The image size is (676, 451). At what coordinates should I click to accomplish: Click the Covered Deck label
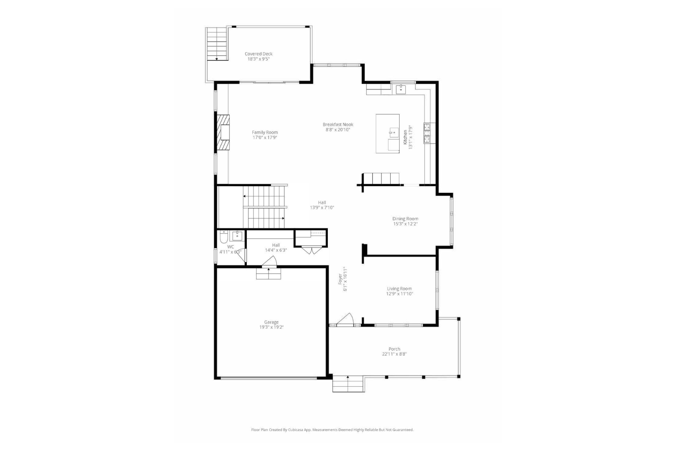point(258,54)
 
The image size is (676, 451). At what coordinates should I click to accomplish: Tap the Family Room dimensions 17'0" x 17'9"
point(265,138)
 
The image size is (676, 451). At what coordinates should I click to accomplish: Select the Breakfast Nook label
point(338,124)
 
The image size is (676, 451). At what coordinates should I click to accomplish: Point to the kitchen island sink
point(394,133)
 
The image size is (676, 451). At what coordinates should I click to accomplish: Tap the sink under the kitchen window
point(401,89)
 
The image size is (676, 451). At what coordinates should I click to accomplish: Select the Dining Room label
point(405,218)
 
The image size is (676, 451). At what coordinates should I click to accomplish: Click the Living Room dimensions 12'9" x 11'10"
point(399,294)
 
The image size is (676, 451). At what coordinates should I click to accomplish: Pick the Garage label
point(271,322)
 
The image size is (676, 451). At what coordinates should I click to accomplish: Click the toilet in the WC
point(224,236)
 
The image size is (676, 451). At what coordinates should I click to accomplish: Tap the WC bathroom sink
point(237,236)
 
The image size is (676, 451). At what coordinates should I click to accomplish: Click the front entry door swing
point(346,319)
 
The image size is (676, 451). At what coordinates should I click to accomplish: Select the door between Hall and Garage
point(269,262)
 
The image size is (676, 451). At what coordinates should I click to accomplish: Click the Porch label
point(394,349)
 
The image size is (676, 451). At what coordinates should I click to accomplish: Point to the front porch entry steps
point(348,384)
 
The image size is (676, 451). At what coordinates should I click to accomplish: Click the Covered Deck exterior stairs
point(217,44)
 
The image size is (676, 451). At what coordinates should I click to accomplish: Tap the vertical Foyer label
point(343,279)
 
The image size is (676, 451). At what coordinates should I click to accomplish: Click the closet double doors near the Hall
point(311,250)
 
